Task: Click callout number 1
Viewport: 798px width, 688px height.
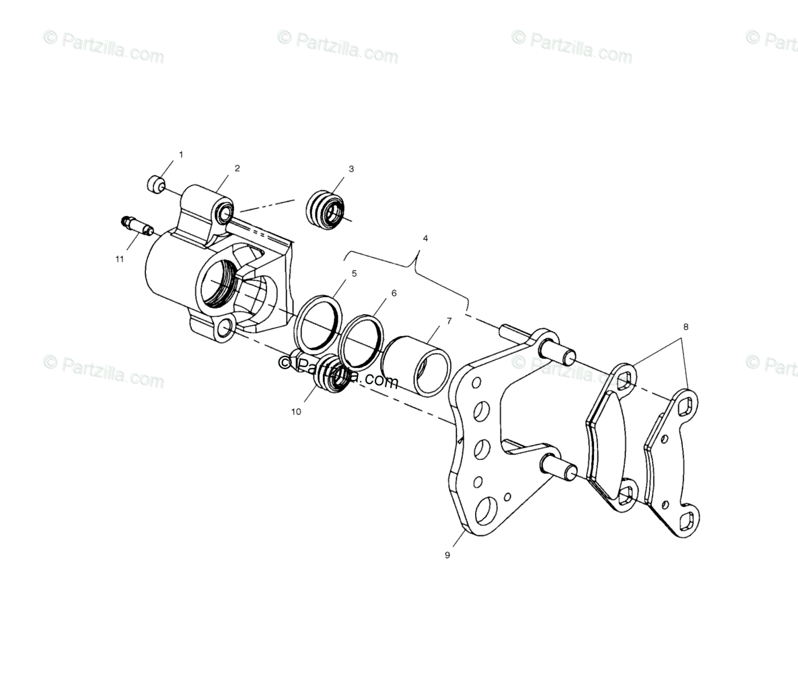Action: (180, 155)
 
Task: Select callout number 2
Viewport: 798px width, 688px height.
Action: (237, 168)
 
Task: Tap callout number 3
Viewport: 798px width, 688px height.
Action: (351, 169)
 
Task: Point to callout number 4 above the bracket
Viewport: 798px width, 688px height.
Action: (425, 238)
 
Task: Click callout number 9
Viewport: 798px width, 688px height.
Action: (447, 555)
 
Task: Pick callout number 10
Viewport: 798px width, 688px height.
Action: (296, 412)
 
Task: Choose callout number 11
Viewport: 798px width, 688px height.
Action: (119, 258)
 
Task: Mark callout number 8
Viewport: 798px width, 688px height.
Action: (686, 327)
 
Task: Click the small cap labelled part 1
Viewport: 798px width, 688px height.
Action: (157, 182)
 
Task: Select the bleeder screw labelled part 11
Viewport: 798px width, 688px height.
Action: (137, 227)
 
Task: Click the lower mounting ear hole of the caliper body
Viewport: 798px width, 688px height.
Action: (225, 329)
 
